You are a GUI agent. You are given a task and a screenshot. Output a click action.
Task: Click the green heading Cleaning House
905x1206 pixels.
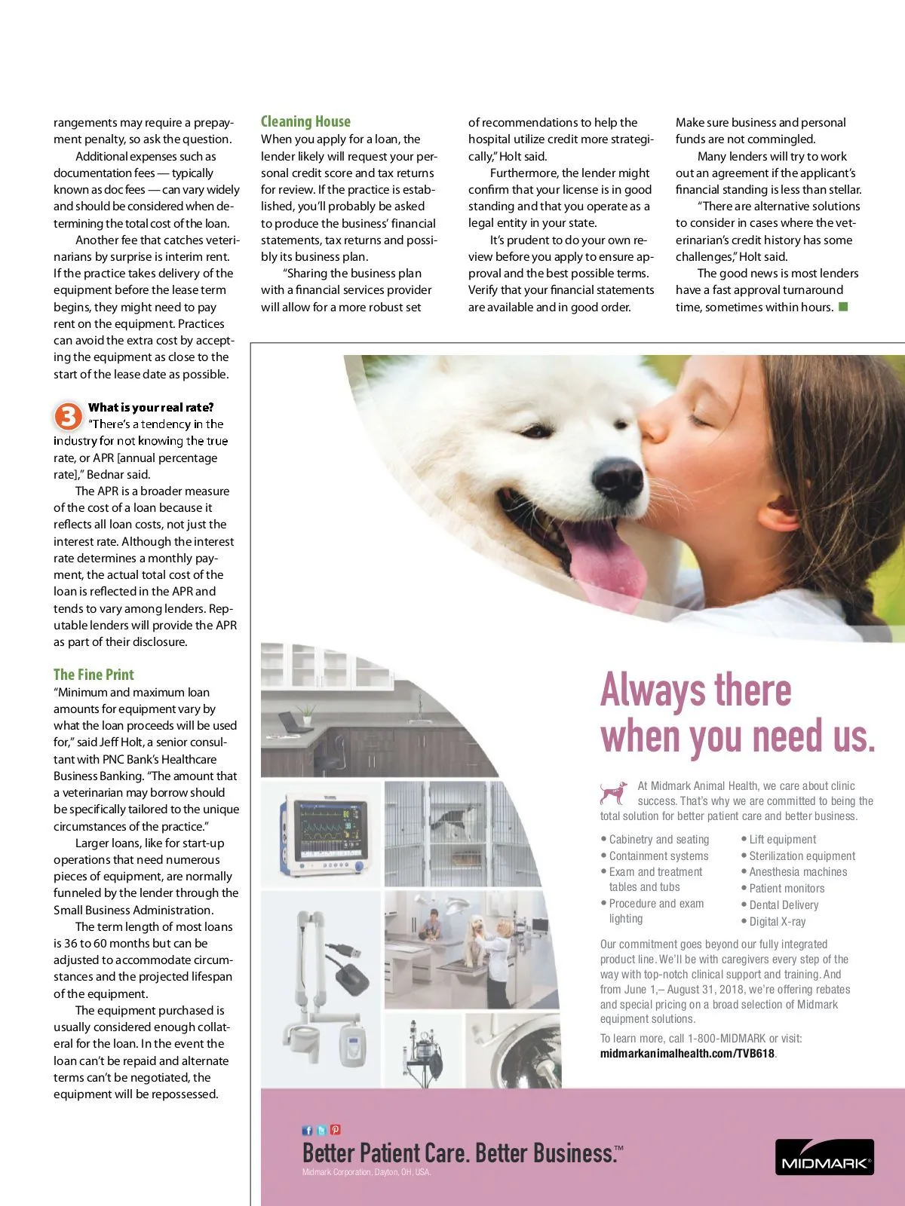(x=305, y=121)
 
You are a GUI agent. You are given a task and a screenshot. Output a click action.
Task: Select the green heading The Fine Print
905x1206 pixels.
(x=94, y=675)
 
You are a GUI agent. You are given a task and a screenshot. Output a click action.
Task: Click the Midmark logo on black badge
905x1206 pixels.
(x=824, y=1157)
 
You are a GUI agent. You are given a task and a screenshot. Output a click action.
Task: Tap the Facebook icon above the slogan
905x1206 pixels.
(x=307, y=1130)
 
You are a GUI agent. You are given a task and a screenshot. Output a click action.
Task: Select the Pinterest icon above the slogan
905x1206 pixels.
(x=336, y=1130)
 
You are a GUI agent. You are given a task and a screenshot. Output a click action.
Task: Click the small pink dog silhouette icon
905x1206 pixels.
(x=614, y=792)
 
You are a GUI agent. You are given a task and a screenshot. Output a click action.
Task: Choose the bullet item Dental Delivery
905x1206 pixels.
(x=784, y=904)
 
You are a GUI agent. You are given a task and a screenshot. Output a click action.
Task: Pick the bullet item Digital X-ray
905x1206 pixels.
(x=777, y=921)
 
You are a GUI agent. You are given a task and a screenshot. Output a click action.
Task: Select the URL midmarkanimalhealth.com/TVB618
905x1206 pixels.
(x=687, y=1053)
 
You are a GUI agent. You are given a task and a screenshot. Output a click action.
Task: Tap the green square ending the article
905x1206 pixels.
(x=843, y=306)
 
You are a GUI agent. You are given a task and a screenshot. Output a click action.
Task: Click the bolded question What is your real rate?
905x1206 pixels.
(x=151, y=407)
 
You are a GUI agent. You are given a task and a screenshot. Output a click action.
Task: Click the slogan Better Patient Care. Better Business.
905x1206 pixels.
(x=459, y=1153)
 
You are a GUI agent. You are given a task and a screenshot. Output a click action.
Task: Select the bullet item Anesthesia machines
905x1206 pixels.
(x=798, y=871)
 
